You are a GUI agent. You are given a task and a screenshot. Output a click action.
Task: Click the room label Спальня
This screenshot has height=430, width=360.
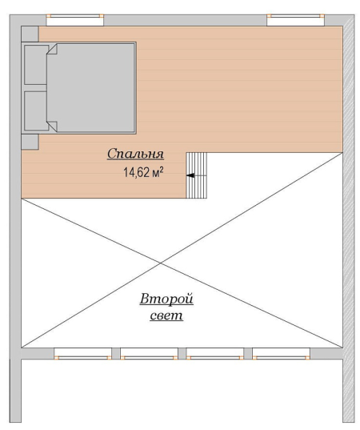point(135,154)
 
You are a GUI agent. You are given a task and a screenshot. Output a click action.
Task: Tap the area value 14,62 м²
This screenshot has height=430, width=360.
point(143,172)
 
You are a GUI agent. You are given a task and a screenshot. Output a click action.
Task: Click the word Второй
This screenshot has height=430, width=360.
point(166,299)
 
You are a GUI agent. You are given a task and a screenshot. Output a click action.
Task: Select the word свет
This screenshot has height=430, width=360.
point(166,315)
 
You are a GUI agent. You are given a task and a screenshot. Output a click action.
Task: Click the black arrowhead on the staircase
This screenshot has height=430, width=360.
point(190,175)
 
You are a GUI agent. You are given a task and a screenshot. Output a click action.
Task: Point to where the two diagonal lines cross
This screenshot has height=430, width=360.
point(161,263)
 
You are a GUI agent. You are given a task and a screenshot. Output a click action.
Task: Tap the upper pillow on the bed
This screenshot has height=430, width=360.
point(36,65)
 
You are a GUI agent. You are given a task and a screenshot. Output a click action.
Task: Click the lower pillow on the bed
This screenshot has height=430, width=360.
point(36,111)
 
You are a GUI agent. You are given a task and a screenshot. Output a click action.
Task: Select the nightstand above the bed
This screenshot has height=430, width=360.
point(30,34)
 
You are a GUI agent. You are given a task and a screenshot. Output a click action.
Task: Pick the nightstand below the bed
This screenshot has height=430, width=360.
point(30,142)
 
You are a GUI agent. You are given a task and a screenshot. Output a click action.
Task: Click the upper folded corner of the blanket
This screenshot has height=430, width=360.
point(52,49)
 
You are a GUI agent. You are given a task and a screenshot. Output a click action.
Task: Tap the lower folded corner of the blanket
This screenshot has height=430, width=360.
point(52,127)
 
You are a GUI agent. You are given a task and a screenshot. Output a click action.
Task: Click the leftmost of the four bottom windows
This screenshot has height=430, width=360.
point(82,354)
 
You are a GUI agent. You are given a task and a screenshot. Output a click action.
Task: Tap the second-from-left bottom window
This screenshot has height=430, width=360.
point(149,354)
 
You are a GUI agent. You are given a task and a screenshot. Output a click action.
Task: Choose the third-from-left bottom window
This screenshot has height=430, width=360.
point(215,354)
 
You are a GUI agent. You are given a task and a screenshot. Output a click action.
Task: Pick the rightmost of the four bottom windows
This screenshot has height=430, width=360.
point(282,354)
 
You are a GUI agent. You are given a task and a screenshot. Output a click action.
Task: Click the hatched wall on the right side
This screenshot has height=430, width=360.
point(349,219)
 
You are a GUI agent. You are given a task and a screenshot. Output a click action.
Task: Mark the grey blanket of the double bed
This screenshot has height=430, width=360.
point(91,88)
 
